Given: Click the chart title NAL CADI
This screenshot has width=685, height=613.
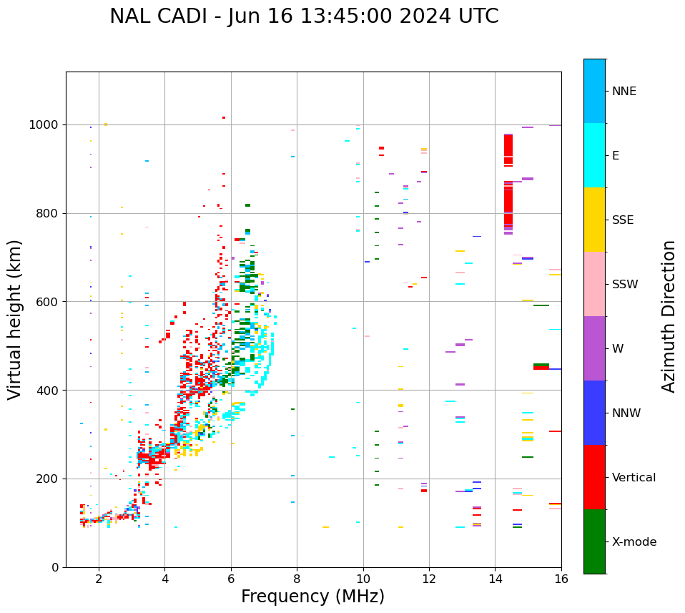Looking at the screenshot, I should point(304,16).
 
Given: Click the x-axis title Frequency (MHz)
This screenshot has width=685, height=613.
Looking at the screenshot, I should point(312,597).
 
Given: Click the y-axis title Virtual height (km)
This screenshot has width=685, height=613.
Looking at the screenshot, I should point(15,320).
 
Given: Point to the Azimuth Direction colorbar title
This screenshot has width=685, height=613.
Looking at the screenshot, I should point(669,316).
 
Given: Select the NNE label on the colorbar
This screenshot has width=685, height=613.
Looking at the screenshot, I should point(624,92).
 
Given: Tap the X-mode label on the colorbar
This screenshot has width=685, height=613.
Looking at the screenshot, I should point(634,542).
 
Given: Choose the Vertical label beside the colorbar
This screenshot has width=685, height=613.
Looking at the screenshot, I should point(634,478).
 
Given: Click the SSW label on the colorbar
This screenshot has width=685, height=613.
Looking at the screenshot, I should point(625,285).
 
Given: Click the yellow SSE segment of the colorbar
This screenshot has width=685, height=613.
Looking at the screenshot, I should point(594,220).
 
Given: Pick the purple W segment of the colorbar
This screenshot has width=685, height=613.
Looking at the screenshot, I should point(594,348).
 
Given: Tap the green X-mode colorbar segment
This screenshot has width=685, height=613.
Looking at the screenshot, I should point(594,541).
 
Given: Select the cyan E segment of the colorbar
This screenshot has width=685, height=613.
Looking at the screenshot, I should point(594,155).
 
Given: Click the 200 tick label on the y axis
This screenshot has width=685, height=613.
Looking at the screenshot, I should point(50,479).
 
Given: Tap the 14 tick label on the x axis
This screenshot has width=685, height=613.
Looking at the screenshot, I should point(496,579).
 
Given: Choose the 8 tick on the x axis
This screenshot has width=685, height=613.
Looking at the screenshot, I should point(297,579).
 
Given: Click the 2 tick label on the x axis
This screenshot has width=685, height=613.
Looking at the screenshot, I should point(99,579).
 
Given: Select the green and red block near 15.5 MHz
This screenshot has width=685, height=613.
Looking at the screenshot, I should point(541,366).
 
